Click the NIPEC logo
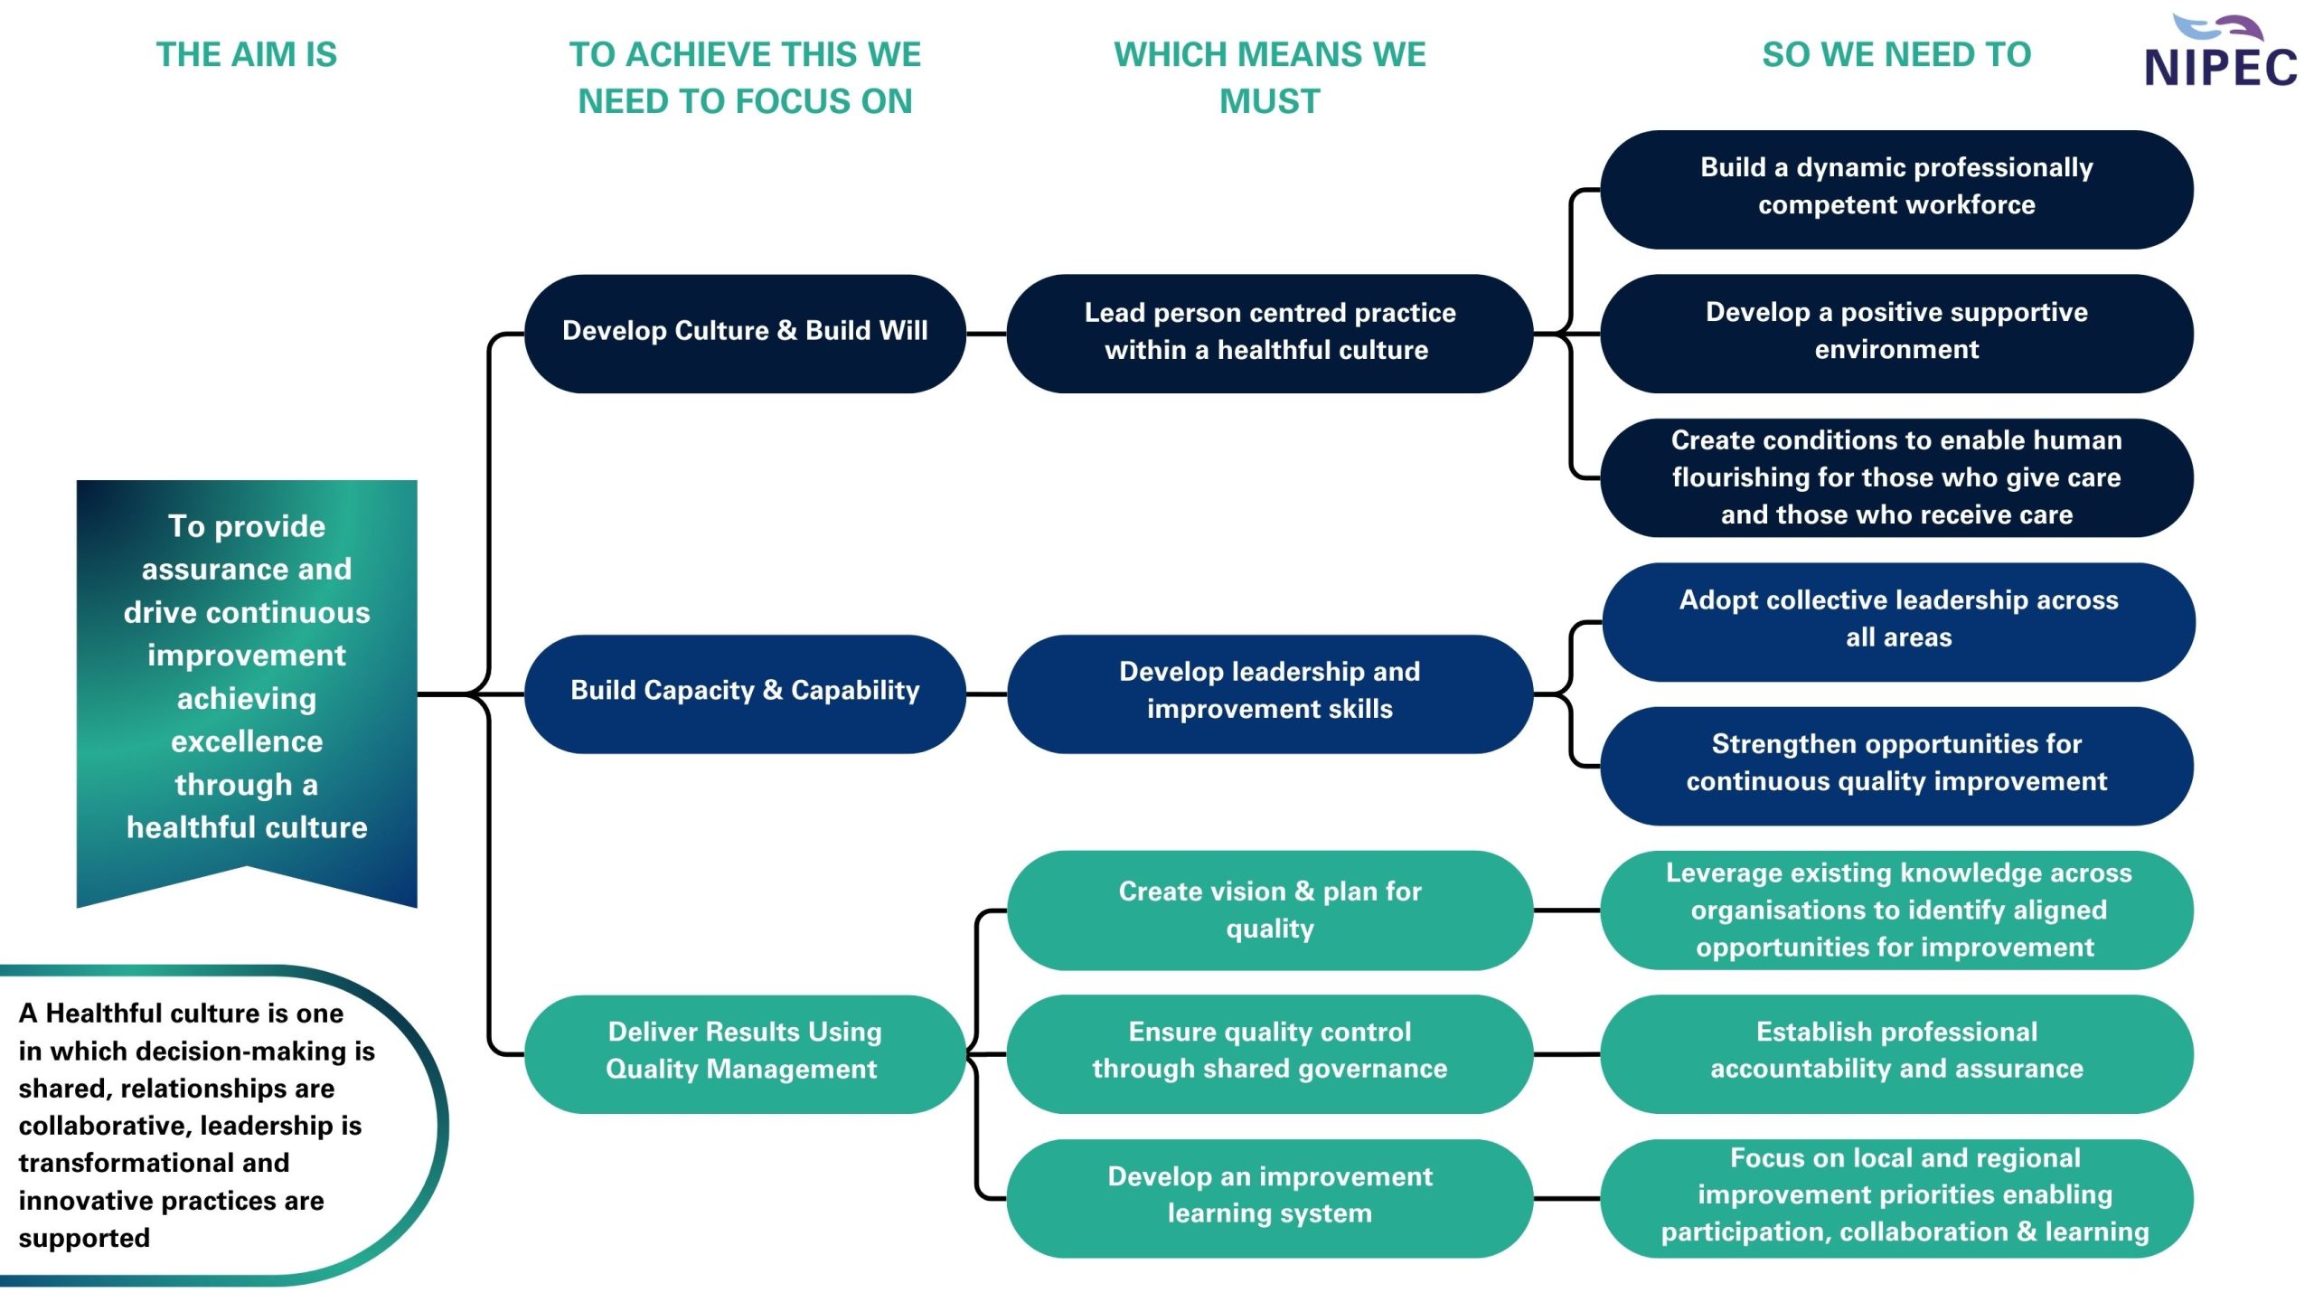tap(2220, 54)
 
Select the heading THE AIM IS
tap(246, 54)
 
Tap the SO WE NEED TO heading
tap(1895, 54)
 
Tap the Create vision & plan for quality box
tap(1269, 910)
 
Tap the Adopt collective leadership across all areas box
tap(1898, 620)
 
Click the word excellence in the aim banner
tap(247, 741)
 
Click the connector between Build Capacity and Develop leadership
tap(986, 693)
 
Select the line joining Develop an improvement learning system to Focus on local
tap(1566, 1198)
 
